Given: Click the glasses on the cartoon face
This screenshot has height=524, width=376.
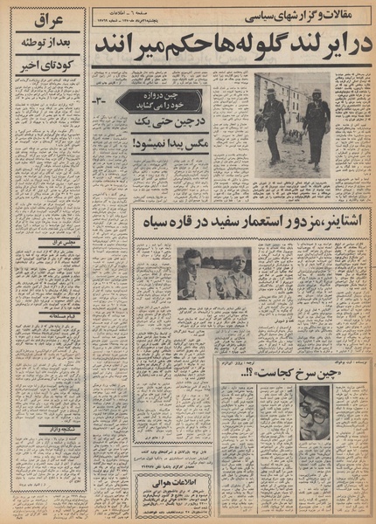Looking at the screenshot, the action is [313, 416].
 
